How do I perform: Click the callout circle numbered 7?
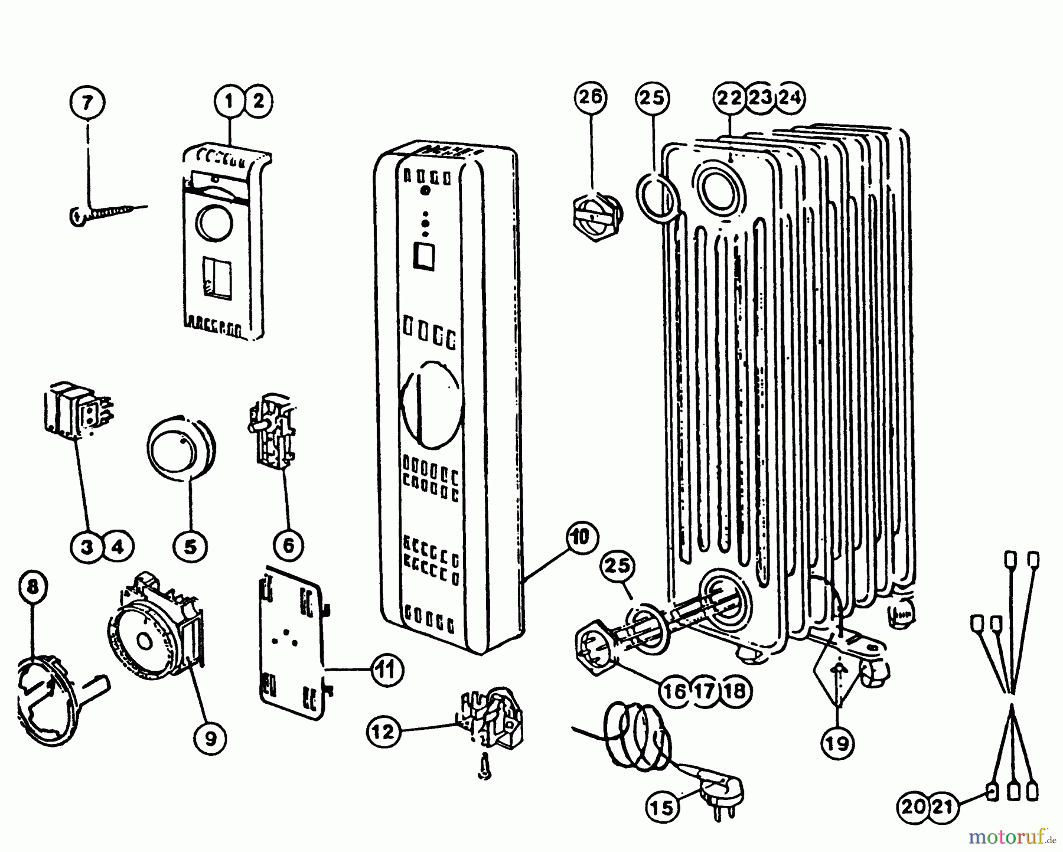coord(87,103)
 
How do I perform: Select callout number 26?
coord(590,97)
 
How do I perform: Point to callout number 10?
coord(581,537)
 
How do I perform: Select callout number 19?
coord(837,744)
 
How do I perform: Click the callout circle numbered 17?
coord(705,690)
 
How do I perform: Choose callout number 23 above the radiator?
coord(760,97)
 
